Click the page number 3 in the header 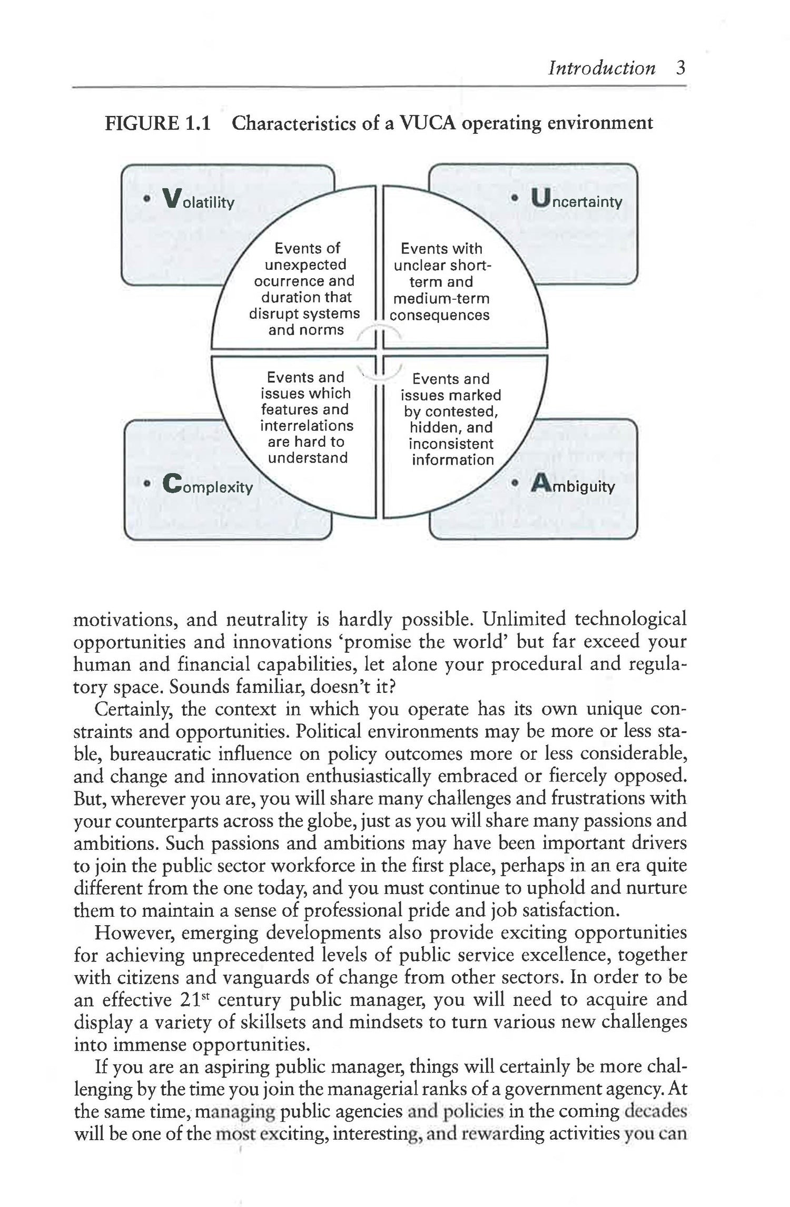tap(680, 68)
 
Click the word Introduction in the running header tap(601, 68)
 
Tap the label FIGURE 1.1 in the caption tap(158, 123)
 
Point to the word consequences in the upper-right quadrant tap(440, 315)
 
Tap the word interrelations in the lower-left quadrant tap(307, 425)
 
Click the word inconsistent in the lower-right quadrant tap(451, 444)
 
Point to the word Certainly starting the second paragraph tap(133, 710)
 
